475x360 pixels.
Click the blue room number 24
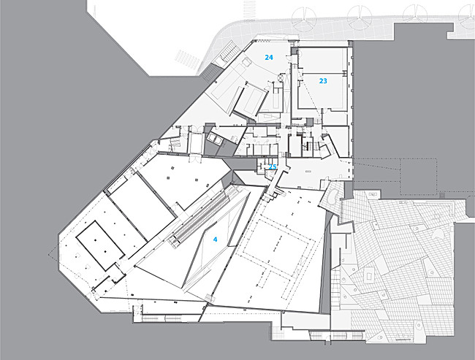(269, 57)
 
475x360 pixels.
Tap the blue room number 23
(323, 81)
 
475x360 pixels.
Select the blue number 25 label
(273, 166)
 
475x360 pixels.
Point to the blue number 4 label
(215, 240)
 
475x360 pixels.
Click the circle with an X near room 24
(281, 77)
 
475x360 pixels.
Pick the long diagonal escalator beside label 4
(201, 216)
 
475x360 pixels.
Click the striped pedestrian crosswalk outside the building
(187, 58)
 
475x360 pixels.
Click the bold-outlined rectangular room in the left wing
(100, 245)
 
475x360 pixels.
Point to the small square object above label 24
(246, 63)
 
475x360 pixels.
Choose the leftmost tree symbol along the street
(304, 18)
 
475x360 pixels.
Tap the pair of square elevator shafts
(214, 139)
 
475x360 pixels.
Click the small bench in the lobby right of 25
(308, 172)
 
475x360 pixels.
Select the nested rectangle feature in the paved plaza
(369, 275)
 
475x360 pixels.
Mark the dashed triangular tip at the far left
(49, 254)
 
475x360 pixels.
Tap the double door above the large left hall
(194, 158)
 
